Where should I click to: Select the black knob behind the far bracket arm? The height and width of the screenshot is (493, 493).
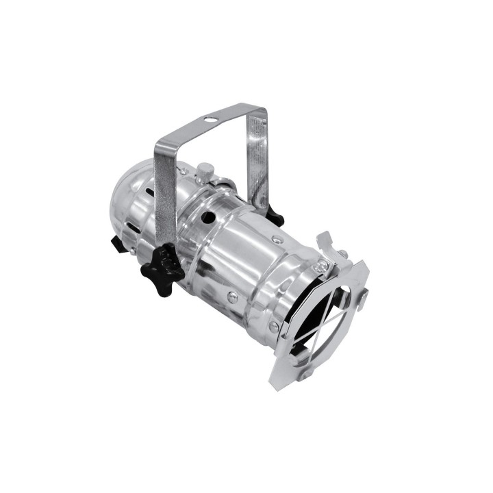click(275, 216)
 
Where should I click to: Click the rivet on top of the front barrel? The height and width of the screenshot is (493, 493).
click(276, 239)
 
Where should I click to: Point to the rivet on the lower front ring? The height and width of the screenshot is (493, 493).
click(274, 327)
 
